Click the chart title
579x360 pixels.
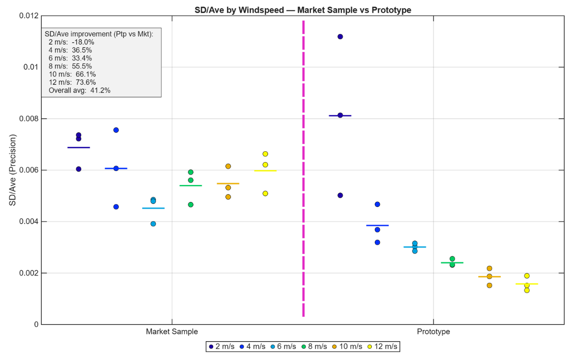pos(303,10)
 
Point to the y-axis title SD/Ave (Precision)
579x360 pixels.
pos(13,170)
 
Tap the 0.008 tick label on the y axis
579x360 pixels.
pos(29,119)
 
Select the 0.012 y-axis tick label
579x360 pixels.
pos(29,16)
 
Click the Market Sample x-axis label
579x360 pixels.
pos(172,332)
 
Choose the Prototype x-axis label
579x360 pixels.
pos(434,332)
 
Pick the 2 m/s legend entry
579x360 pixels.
pos(222,347)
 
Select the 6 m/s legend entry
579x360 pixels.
pos(283,347)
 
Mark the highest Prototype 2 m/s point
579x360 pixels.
pos(340,37)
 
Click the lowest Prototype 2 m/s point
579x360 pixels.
pos(340,195)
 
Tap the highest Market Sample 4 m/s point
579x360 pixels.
pos(116,130)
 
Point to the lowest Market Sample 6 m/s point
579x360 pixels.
pos(154,224)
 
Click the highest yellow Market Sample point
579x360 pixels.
pos(265,154)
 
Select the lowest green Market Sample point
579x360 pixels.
pos(191,205)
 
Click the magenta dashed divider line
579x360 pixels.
pos(303,168)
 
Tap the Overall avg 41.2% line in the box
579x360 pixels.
pos(79,91)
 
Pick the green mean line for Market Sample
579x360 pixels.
pos(191,185)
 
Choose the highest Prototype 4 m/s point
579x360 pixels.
pos(377,204)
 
